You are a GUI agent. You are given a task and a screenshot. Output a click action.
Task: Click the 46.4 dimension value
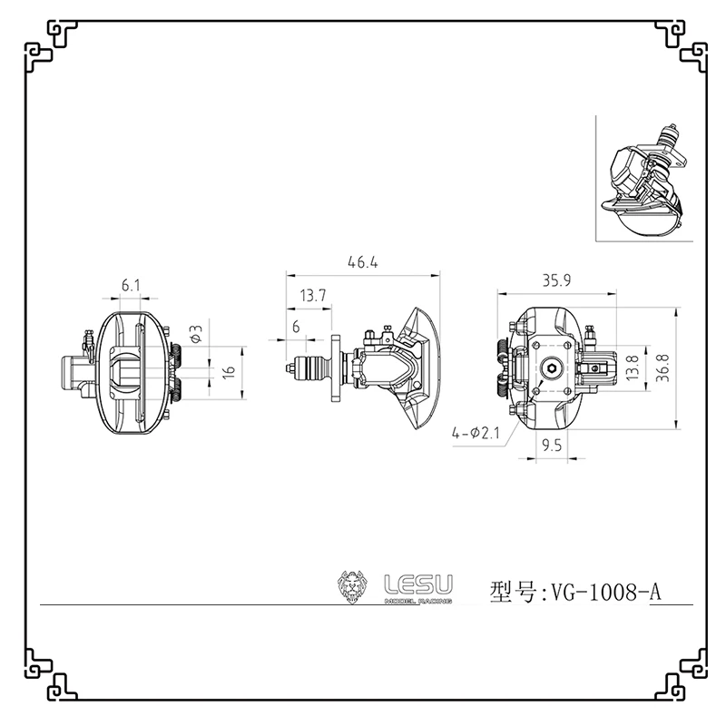(361, 263)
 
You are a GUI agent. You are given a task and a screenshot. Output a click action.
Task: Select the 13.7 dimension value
(311, 296)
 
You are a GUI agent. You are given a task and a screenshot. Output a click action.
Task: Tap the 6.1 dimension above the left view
(131, 285)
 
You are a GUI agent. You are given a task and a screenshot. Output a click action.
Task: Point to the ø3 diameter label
(196, 333)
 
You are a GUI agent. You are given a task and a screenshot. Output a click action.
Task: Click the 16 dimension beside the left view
(229, 371)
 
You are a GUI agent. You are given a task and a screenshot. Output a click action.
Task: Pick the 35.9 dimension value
(556, 281)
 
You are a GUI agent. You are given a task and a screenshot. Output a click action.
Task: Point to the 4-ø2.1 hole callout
(476, 435)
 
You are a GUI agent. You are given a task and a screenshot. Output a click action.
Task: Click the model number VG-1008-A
(603, 593)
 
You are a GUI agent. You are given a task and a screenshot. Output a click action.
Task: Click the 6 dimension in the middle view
(296, 327)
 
